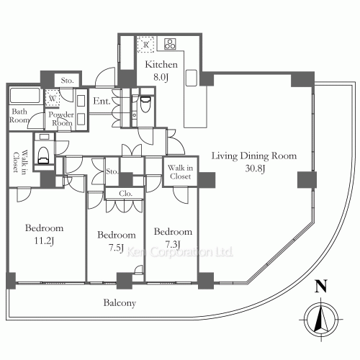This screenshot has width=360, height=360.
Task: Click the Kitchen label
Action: (x=161, y=64)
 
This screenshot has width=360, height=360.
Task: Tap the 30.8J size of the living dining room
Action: (x=255, y=168)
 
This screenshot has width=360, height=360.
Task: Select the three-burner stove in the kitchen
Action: (x=170, y=44)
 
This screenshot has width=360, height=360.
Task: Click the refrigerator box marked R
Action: (x=145, y=45)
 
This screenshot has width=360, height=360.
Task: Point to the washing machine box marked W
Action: (x=53, y=98)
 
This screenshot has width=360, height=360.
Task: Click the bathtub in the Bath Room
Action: (x=24, y=95)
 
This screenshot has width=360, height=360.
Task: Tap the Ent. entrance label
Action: (x=102, y=101)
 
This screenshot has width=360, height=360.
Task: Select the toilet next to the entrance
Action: (x=145, y=104)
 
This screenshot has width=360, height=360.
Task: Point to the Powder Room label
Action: (x=61, y=119)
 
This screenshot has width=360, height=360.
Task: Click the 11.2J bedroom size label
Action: (x=44, y=240)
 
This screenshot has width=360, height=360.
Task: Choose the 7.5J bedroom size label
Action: (x=116, y=248)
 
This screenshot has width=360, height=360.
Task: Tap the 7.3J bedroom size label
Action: (x=173, y=244)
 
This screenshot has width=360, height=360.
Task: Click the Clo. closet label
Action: (x=125, y=194)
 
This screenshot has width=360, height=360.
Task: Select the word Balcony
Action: (x=120, y=303)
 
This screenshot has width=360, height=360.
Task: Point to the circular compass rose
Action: (x=321, y=320)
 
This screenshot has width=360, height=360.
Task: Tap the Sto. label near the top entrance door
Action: (x=67, y=81)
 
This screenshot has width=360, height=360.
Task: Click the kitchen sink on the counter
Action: (x=192, y=78)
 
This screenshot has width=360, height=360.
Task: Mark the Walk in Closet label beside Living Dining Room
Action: (x=180, y=172)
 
